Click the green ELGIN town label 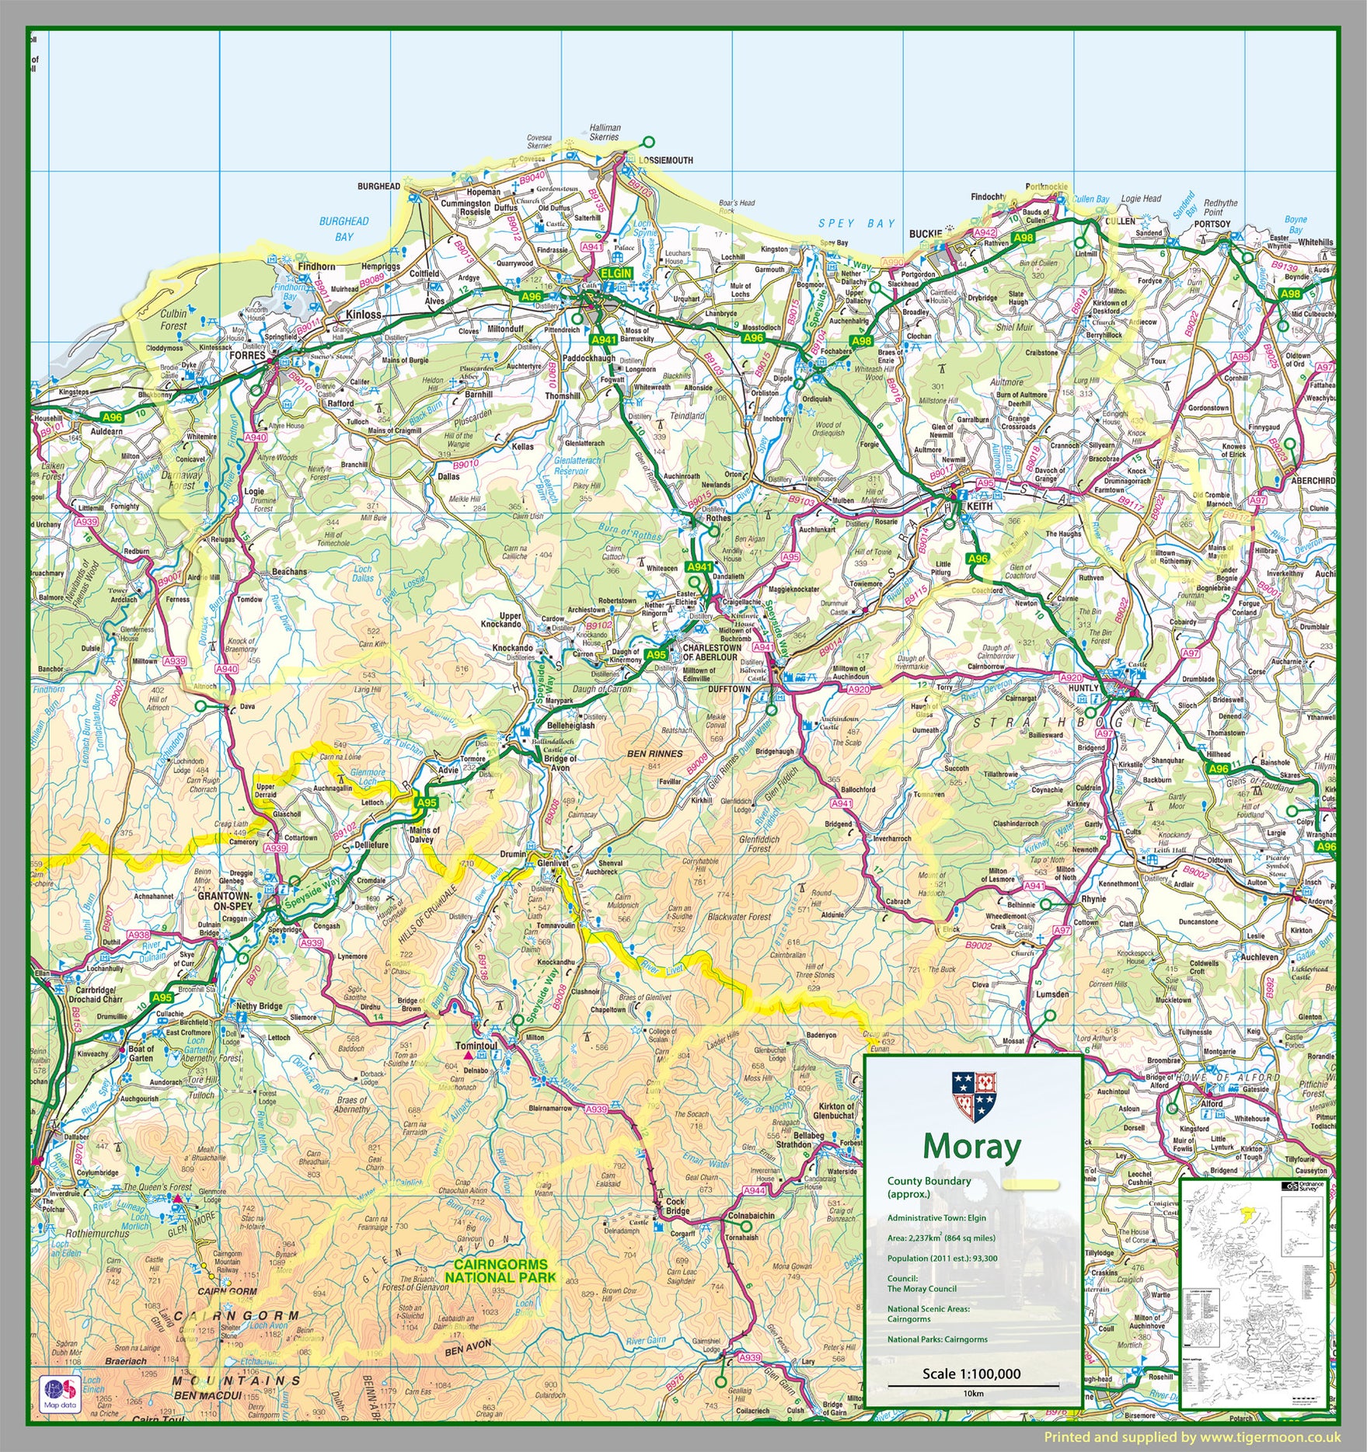click(x=615, y=273)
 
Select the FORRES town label click(x=248, y=355)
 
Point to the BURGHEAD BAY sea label click(x=343, y=229)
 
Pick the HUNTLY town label click(x=1083, y=688)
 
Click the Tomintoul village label click(x=476, y=1046)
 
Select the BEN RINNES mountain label click(x=655, y=754)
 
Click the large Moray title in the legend click(x=972, y=1147)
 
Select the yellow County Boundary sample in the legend click(x=1030, y=1185)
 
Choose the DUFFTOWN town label click(x=729, y=689)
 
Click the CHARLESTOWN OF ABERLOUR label click(x=711, y=652)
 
